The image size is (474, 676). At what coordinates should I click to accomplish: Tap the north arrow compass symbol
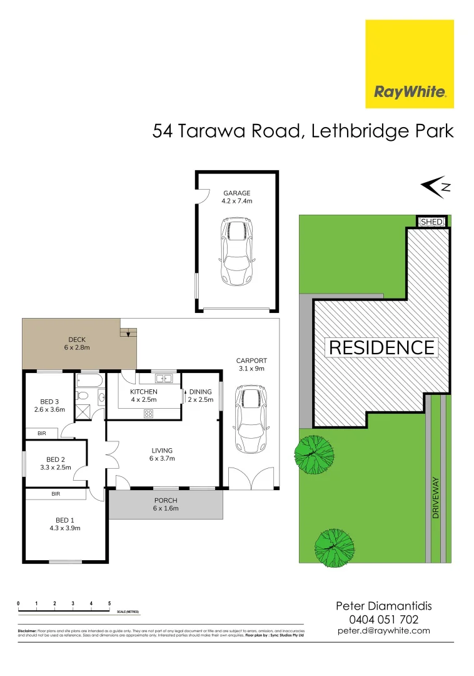point(435,185)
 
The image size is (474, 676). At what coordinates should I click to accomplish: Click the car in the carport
point(248,419)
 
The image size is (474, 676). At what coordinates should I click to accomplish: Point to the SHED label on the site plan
point(432,222)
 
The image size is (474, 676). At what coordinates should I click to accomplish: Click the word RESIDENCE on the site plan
point(381,347)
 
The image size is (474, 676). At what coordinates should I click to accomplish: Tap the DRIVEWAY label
point(436,498)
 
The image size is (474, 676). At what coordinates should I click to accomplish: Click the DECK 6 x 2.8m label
point(76,343)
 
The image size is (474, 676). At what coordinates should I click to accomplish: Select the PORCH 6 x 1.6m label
point(166,504)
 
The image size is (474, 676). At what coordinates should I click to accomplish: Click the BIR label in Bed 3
point(42,433)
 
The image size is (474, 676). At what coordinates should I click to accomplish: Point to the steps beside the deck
point(128,330)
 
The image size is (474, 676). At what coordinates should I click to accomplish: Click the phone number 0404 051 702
point(384,619)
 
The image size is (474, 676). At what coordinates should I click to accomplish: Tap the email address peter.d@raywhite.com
point(384,631)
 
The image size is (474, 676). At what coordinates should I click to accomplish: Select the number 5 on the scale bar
point(109,603)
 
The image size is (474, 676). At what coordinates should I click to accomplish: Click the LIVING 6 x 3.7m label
point(162,454)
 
